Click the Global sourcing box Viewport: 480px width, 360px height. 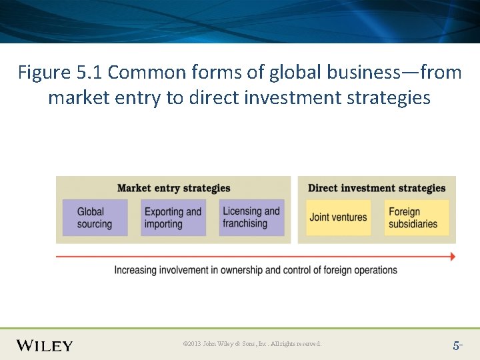pyautogui.click(x=95, y=217)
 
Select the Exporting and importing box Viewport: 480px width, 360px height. pyautogui.click(x=173, y=217)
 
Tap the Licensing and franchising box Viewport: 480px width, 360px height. pyautogui.click(x=251, y=217)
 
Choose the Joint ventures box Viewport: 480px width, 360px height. pyautogui.click(x=338, y=217)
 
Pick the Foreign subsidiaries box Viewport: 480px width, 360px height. pyautogui.click(x=416, y=217)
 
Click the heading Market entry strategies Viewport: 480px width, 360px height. pyautogui.click(x=173, y=188)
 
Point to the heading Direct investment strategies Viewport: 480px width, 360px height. pyautogui.click(x=377, y=188)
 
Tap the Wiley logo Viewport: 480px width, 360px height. pyautogui.click(x=45, y=345)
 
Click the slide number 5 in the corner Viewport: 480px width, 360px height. pyautogui.click(x=457, y=345)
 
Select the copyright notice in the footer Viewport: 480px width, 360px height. pyautogui.click(x=252, y=344)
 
